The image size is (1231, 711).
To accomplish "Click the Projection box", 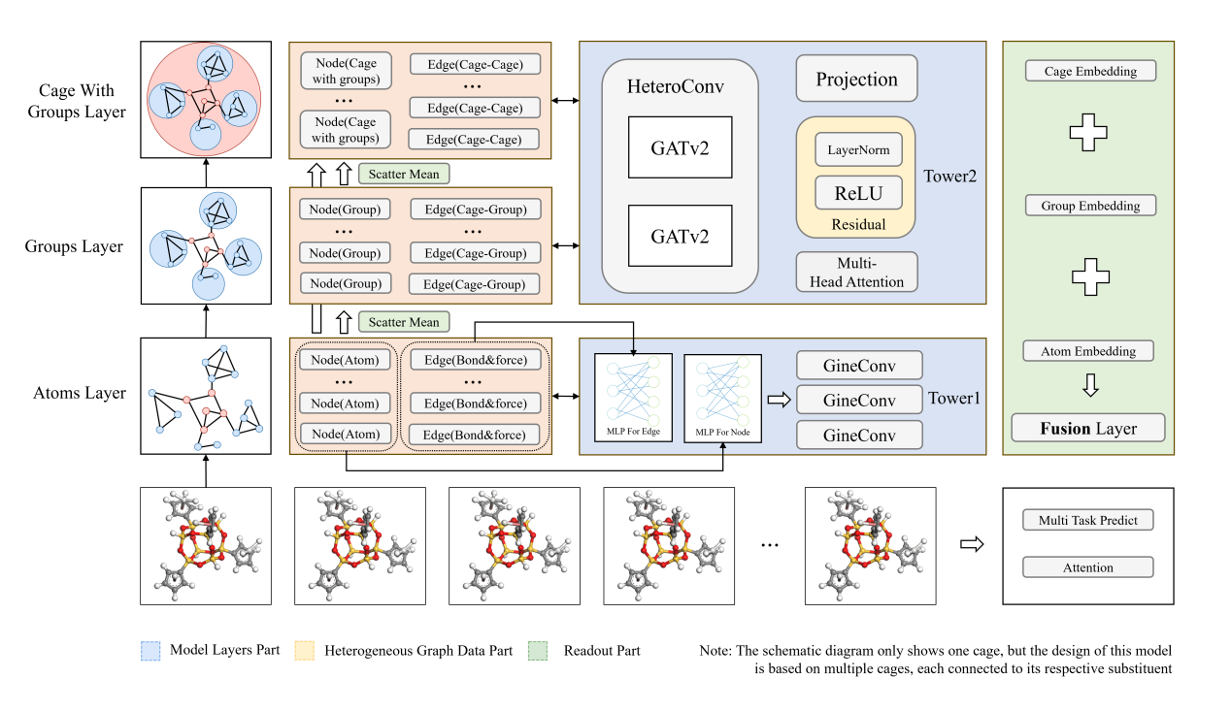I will tap(856, 80).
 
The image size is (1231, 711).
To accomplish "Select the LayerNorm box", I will tap(858, 151).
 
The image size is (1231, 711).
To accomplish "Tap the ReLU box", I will tap(858, 192).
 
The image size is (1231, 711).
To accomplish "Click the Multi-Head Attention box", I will tap(856, 273).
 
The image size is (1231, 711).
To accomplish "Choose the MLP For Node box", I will tap(722, 398).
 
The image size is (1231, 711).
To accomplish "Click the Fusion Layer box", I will tap(1088, 428).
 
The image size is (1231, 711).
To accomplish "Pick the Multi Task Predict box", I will tap(1087, 521).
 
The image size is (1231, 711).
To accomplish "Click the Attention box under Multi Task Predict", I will tap(1087, 567).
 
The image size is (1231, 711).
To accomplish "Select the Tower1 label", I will tap(953, 398).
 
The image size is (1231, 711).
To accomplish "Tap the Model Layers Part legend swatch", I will tap(150, 651).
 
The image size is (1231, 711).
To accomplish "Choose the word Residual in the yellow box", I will tap(858, 224).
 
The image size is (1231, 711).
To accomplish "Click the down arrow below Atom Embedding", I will tap(1089, 386).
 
